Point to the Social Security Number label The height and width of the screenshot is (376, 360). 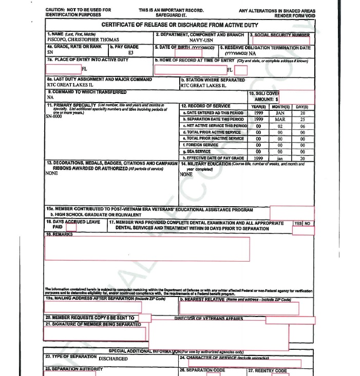point(280,35)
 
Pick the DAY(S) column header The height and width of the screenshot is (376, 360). point(302,107)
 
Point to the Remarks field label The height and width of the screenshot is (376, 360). point(60,234)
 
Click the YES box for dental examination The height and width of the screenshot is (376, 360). point(298,224)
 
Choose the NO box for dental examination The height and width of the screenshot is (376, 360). point(308,224)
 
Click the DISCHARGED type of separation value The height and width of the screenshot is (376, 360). point(113,359)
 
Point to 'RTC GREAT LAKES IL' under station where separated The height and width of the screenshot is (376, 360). point(203,86)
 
